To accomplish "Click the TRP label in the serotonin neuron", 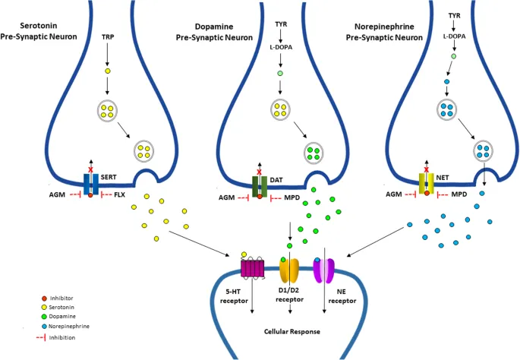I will click(x=107, y=36).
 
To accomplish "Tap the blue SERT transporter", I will click(x=90, y=183).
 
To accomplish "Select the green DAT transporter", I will click(x=260, y=185).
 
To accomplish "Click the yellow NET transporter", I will click(x=427, y=183).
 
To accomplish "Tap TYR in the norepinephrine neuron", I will click(x=454, y=14).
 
